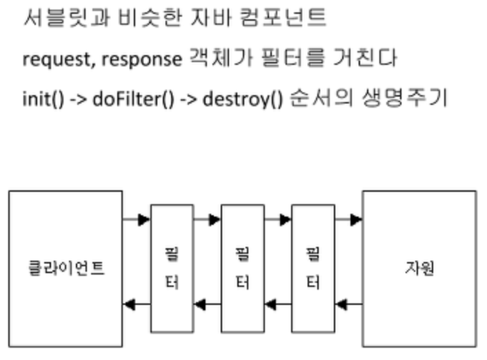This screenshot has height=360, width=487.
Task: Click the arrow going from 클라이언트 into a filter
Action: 137,220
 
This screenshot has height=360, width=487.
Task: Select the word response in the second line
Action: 141,59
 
